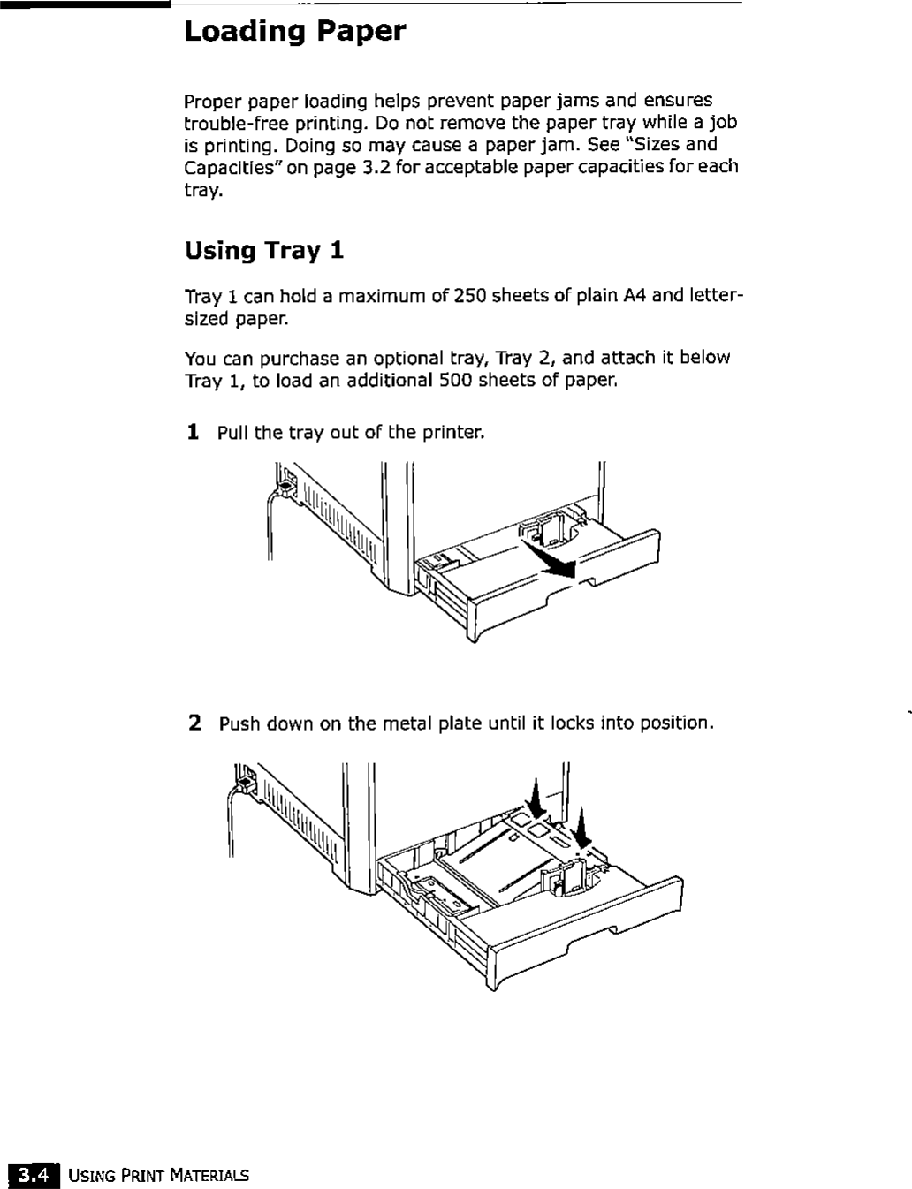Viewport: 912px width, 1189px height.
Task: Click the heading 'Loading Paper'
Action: [x=294, y=33]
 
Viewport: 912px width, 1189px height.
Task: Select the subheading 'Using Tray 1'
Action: [x=263, y=252]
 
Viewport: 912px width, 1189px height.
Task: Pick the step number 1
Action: [x=193, y=432]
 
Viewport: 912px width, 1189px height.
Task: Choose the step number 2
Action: [x=195, y=723]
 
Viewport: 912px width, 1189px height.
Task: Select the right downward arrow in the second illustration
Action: [x=581, y=828]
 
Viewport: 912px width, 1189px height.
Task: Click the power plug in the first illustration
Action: [x=286, y=481]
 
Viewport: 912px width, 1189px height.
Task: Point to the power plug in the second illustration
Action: [x=246, y=781]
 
